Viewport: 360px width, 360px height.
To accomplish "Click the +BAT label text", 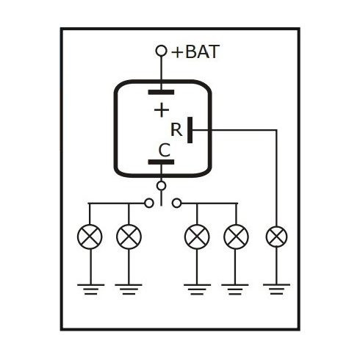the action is (x=195, y=51).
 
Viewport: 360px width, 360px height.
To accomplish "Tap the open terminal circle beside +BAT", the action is (x=161, y=51).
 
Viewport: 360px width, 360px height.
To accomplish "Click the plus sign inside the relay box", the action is (x=162, y=110).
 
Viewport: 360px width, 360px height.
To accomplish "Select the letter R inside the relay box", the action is (x=176, y=130).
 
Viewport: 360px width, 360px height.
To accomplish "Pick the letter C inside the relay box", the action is (x=165, y=150).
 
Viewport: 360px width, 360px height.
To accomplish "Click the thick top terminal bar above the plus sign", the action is (x=161, y=92).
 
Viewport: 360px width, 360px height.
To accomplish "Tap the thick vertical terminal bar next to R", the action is (x=190, y=130).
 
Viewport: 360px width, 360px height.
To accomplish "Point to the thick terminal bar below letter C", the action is (x=161, y=162).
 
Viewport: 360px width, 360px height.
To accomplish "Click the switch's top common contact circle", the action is (x=161, y=186).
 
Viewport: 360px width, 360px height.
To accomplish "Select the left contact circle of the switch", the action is (x=149, y=203).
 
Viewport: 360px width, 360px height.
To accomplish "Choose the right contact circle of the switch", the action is (x=176, y=203).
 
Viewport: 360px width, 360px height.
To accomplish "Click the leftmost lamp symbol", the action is (x=90, y=237).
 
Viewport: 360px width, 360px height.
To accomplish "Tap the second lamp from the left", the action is (x=129, y=237).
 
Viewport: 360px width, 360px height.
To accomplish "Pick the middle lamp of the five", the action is (x=197, y=237).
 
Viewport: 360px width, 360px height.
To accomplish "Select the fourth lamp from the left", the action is (x=236, y=237).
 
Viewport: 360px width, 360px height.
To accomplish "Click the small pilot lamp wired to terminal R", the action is (x=276, y=237).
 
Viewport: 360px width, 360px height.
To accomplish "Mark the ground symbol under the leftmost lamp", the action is (x=90, y=289).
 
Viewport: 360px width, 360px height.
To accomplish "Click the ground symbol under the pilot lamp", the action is (x=276, y=289).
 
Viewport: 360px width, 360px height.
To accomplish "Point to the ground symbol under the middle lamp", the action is (x=197, y=289).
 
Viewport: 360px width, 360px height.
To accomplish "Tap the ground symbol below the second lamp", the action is (x=129, y=289).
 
